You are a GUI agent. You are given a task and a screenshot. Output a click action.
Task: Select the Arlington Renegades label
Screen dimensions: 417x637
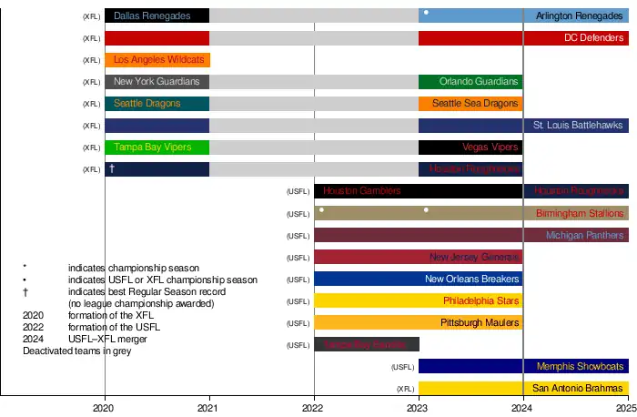pos(579,16)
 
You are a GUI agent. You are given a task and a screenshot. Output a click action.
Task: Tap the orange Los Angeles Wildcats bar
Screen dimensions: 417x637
pos(157,60)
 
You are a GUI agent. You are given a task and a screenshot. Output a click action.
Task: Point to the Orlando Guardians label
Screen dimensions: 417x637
pos(479,82)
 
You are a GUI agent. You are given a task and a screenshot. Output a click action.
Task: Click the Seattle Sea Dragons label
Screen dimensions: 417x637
pos(474,104)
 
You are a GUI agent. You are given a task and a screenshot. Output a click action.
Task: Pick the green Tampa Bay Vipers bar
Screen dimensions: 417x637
pos(157,147)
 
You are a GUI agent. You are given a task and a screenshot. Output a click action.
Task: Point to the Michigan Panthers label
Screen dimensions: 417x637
pos(585,235)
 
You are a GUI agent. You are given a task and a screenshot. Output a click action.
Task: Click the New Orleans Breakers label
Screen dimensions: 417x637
pos(471,279)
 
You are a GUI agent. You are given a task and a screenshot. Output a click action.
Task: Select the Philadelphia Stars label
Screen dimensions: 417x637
pos(480,300)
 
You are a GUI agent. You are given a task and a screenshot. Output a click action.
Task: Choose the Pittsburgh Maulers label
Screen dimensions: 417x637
pos(479,322)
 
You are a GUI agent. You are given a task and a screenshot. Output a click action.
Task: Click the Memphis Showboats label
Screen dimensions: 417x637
pos(581,366)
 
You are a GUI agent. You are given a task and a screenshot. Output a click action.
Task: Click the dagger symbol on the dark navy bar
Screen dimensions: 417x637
pos(112,169)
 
